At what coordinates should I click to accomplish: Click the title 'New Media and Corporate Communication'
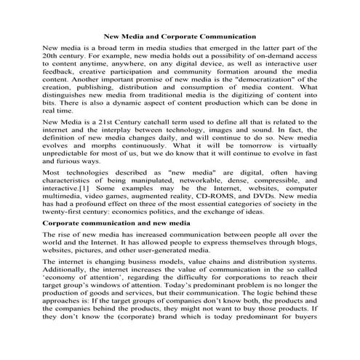click(180, 35)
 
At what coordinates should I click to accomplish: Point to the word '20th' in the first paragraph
click(54, 55)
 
